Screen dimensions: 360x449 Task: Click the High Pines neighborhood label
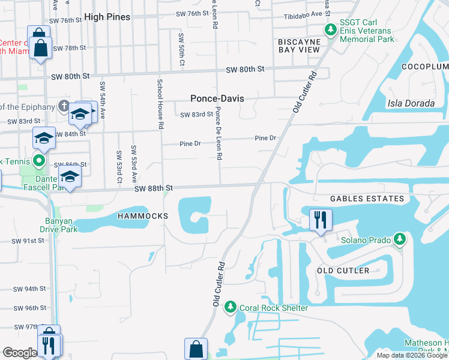click(107, 17)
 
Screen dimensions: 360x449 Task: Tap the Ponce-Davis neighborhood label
click(216, 98)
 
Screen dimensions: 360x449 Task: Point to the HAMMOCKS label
click(143, 215)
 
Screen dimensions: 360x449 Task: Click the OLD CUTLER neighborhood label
click(343, 271)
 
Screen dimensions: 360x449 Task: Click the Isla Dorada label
click(411, 103)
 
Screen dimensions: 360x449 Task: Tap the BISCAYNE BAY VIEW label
click(299, 46)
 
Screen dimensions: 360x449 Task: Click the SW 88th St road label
click(154, 188)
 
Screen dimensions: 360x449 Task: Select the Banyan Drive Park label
click(59, 224)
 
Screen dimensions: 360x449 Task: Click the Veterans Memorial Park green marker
click(330, 29)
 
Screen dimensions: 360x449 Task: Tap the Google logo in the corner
click(20, 352)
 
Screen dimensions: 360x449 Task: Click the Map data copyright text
click(412, 355)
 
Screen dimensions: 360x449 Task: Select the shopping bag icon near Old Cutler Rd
click(196, 349)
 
